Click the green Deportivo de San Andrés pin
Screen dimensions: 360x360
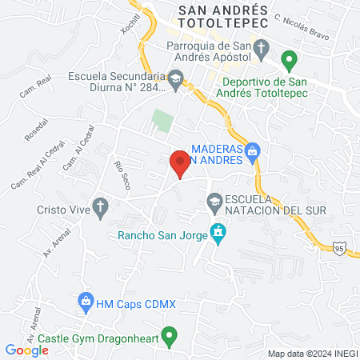[291, 59]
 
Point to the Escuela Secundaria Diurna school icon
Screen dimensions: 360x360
[176, 78]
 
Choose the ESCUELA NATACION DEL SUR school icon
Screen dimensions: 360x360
[214, 200]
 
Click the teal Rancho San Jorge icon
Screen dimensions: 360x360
[217, 234]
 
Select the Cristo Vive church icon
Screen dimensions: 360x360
[99, 207]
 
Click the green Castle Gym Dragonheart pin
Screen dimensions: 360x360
[169, 337]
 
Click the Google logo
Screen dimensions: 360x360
[27, 350]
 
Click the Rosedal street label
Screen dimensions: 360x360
[37, 128]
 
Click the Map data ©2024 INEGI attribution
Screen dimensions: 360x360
[313, 354]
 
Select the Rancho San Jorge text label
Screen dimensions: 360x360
[161, 235]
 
